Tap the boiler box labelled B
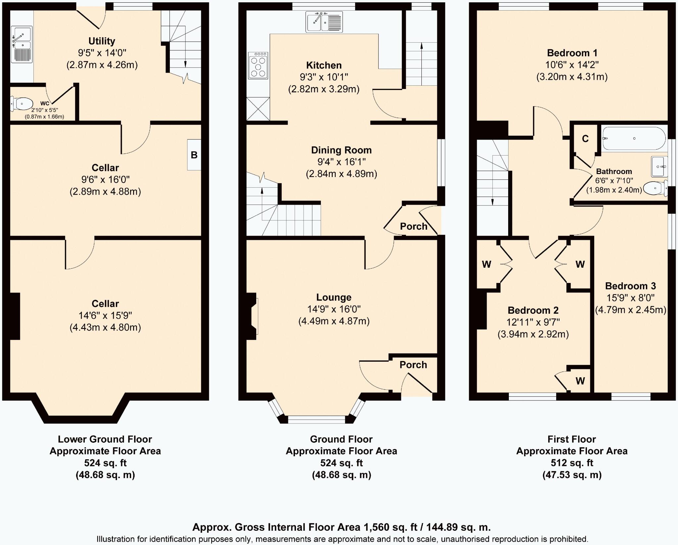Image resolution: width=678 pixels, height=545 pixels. tap(194, 155)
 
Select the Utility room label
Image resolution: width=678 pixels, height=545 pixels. tap(102, 41)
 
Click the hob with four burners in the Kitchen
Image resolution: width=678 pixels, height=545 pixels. tap(258, 66)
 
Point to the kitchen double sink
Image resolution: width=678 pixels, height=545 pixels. tap(324, 22)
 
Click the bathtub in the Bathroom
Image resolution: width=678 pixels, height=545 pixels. tap(634, 139)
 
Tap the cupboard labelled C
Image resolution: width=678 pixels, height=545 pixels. tap(585, 139)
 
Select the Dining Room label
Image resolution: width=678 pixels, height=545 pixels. tap(341, 150)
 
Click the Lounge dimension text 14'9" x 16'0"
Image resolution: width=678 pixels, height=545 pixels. tap(334, 309)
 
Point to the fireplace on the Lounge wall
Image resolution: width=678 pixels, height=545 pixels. tap(252, 316)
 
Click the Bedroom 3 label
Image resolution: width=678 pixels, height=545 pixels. tap(630, 286)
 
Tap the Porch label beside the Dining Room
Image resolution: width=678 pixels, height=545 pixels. tap(413, 226)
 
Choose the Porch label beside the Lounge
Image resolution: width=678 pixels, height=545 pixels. tap(413, 365)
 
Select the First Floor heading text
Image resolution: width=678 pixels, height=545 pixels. tap(572, 439)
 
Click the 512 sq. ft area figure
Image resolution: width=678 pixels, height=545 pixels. tap(572, 463)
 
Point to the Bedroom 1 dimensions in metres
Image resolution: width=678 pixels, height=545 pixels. tap(572, 77)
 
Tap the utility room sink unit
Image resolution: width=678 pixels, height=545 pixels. tap(22, 44)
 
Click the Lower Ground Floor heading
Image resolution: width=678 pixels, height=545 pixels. tap(105, 439)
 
